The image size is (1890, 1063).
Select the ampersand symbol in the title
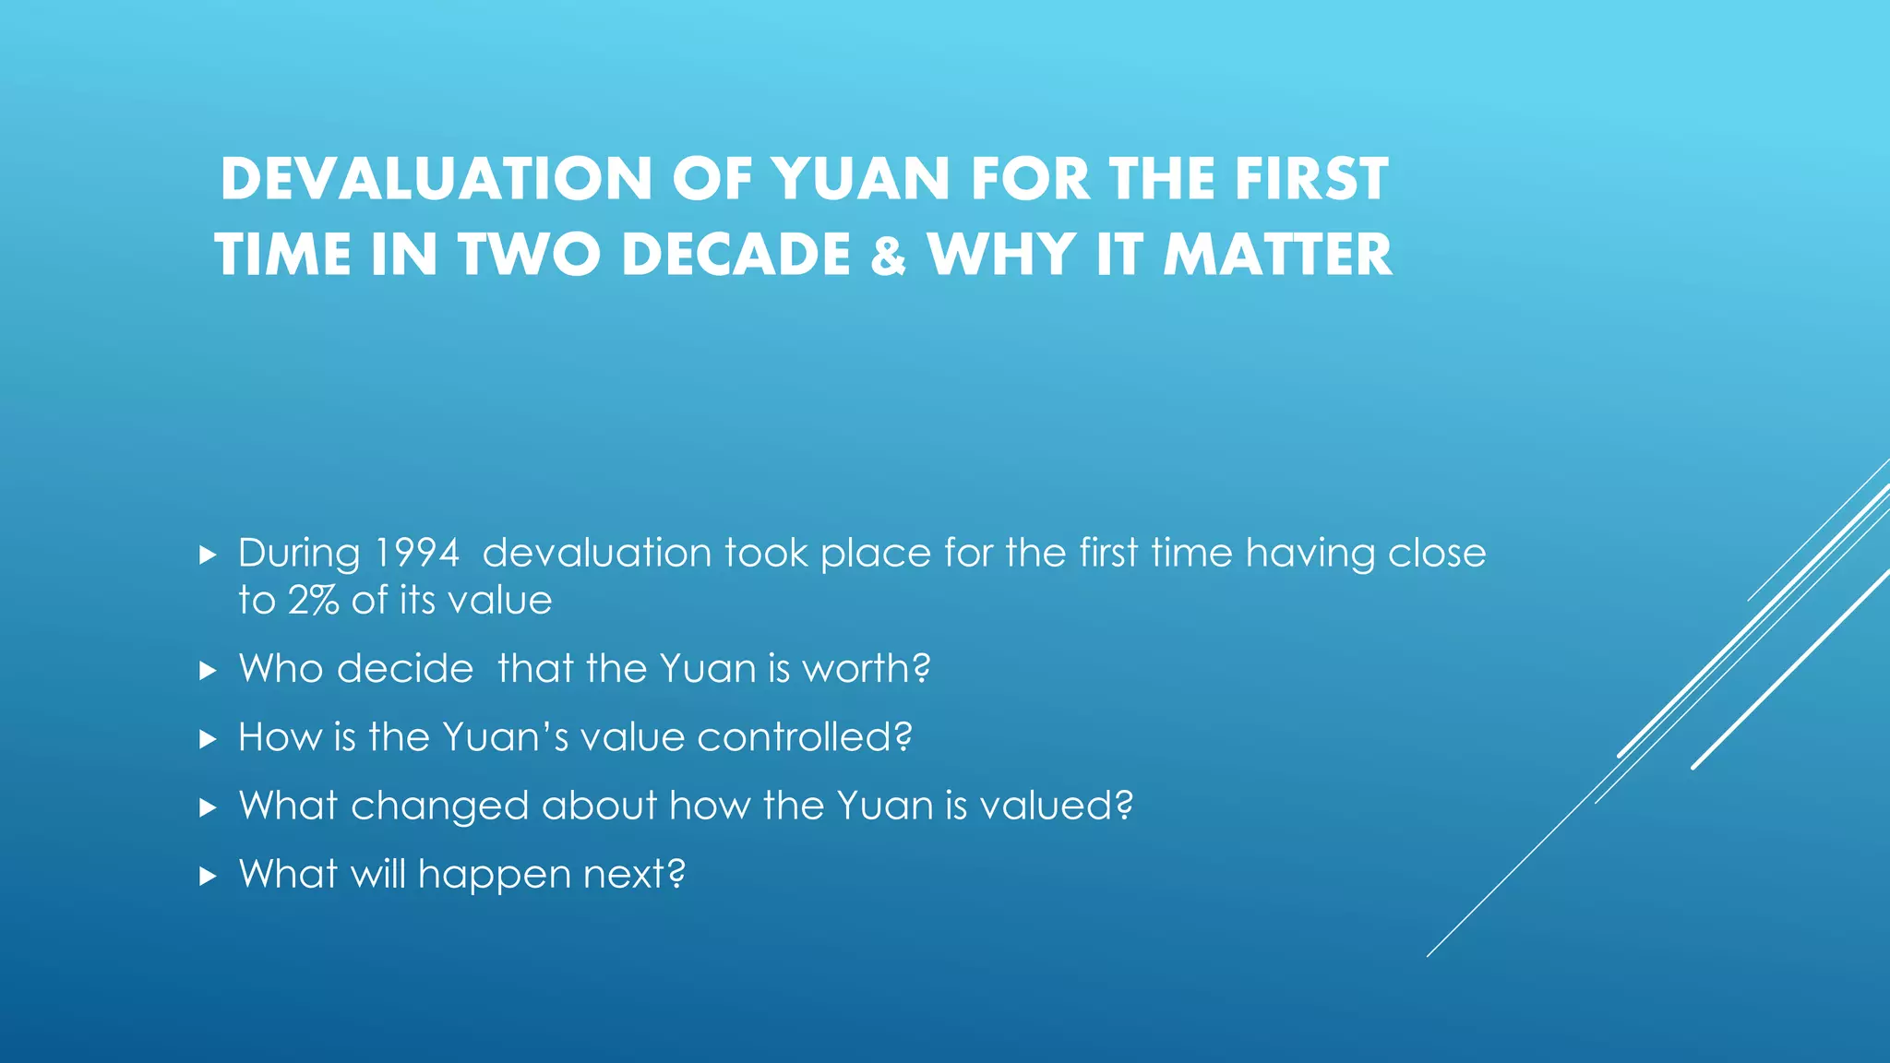tap(889, 257)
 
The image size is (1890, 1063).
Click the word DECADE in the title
tap(736, 256)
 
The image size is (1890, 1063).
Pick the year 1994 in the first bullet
tap(417, 554)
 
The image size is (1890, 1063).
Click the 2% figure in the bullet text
tap(314, 601)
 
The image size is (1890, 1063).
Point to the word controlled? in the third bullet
tap(805, 737)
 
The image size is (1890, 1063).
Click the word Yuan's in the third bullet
tap(505, 737)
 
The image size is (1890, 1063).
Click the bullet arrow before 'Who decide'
tap(208, 671)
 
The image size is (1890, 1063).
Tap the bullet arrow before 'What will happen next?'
tap(208, 876)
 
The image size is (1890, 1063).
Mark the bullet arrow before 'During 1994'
tap(208, 555)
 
